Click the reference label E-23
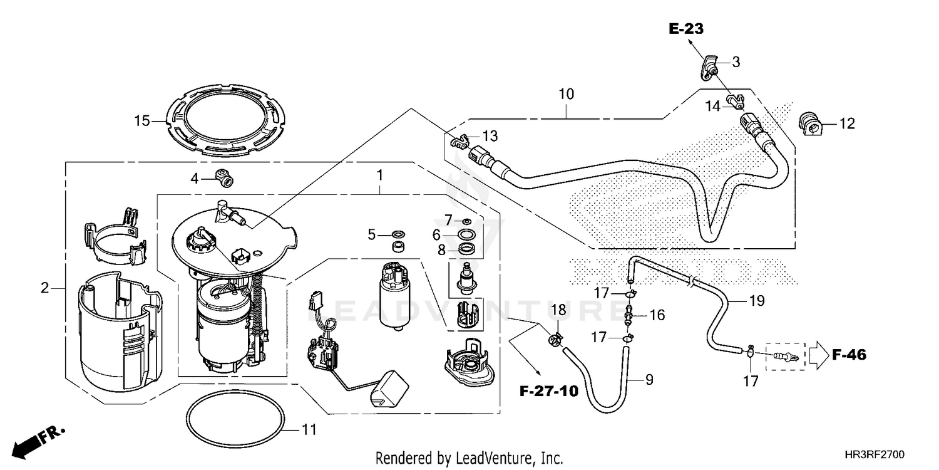(685, 28)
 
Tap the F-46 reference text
(849, 355)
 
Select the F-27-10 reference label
(548, 392)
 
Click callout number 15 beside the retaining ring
(142, 120)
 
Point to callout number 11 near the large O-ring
(309, 431)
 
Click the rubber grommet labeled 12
(811, 123)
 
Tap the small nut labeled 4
(224, 177)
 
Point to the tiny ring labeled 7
(466, 221)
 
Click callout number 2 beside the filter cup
(44, 288)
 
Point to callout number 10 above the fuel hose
(566, 95)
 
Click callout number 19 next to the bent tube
(757, 301)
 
